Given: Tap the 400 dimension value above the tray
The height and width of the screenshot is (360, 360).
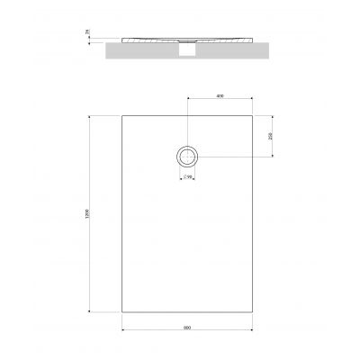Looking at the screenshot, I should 220,96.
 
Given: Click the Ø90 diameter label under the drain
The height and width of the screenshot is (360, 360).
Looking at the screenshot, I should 187,176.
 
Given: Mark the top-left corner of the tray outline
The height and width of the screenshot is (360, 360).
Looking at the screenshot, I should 121,115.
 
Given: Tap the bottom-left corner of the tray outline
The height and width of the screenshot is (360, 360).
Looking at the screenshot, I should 121,311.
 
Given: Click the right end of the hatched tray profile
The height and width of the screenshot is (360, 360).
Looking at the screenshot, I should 254,41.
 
